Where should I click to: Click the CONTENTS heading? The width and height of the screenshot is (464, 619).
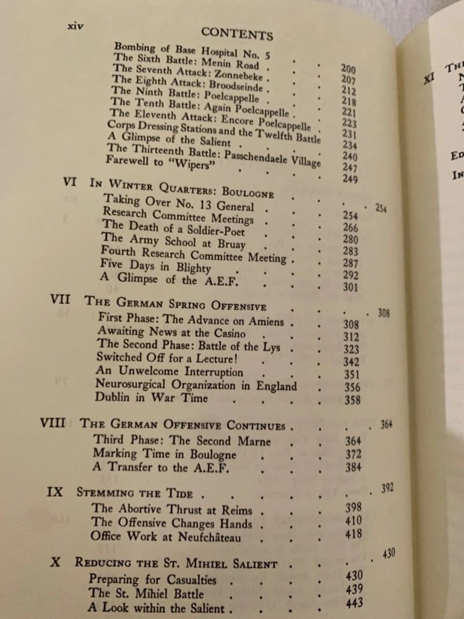(x=237, y=33)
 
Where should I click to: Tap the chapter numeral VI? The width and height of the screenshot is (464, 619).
(x=71, y=181)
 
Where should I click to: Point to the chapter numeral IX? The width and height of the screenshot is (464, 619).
(x=55, y=493)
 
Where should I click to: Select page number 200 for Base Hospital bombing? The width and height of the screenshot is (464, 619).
(x=348, y=67)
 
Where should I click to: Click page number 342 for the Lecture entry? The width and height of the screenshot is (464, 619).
(x=352, y=360)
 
